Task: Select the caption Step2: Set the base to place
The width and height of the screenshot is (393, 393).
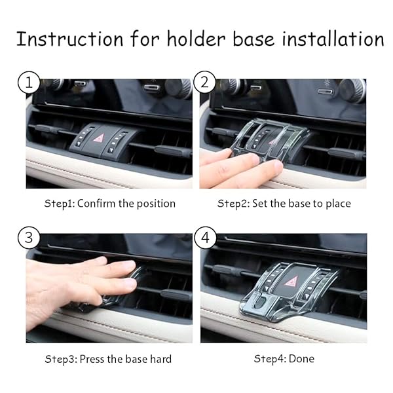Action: pyautogui.click(x=284, y=203)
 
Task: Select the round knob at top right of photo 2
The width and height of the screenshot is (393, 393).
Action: pyautogui.click(x=352, y=89)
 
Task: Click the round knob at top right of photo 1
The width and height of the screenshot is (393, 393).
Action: pyautogui.click(x=178, y=88)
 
